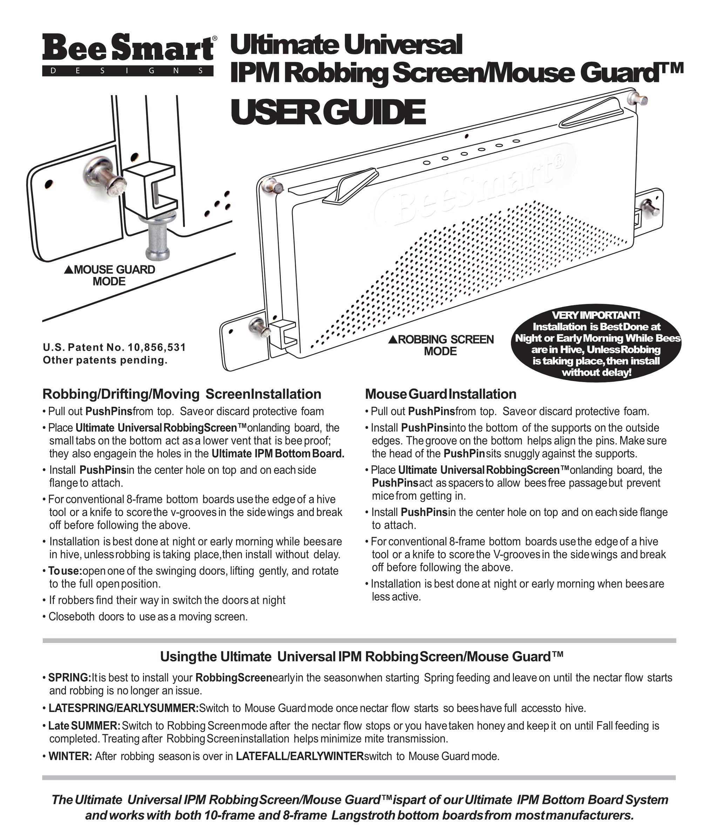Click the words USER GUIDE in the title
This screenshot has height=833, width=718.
point(328,113)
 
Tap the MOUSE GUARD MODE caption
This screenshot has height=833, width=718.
point(109,276)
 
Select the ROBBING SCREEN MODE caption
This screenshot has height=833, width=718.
point(441,345)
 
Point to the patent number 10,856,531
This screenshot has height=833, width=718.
point(157,347)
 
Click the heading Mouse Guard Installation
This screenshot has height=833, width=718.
point(441,394)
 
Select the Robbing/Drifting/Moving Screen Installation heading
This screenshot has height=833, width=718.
point(182,394)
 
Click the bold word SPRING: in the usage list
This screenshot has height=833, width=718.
point(69,677)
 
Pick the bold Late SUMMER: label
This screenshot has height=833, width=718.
point(84,726)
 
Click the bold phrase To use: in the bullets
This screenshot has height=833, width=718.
point(65,571)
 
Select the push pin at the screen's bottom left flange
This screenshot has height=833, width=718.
point(260,326)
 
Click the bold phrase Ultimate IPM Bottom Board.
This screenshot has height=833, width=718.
point(278,454)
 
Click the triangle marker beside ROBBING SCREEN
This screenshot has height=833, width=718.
point(393,340)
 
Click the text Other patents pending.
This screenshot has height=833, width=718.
point(105,360)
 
